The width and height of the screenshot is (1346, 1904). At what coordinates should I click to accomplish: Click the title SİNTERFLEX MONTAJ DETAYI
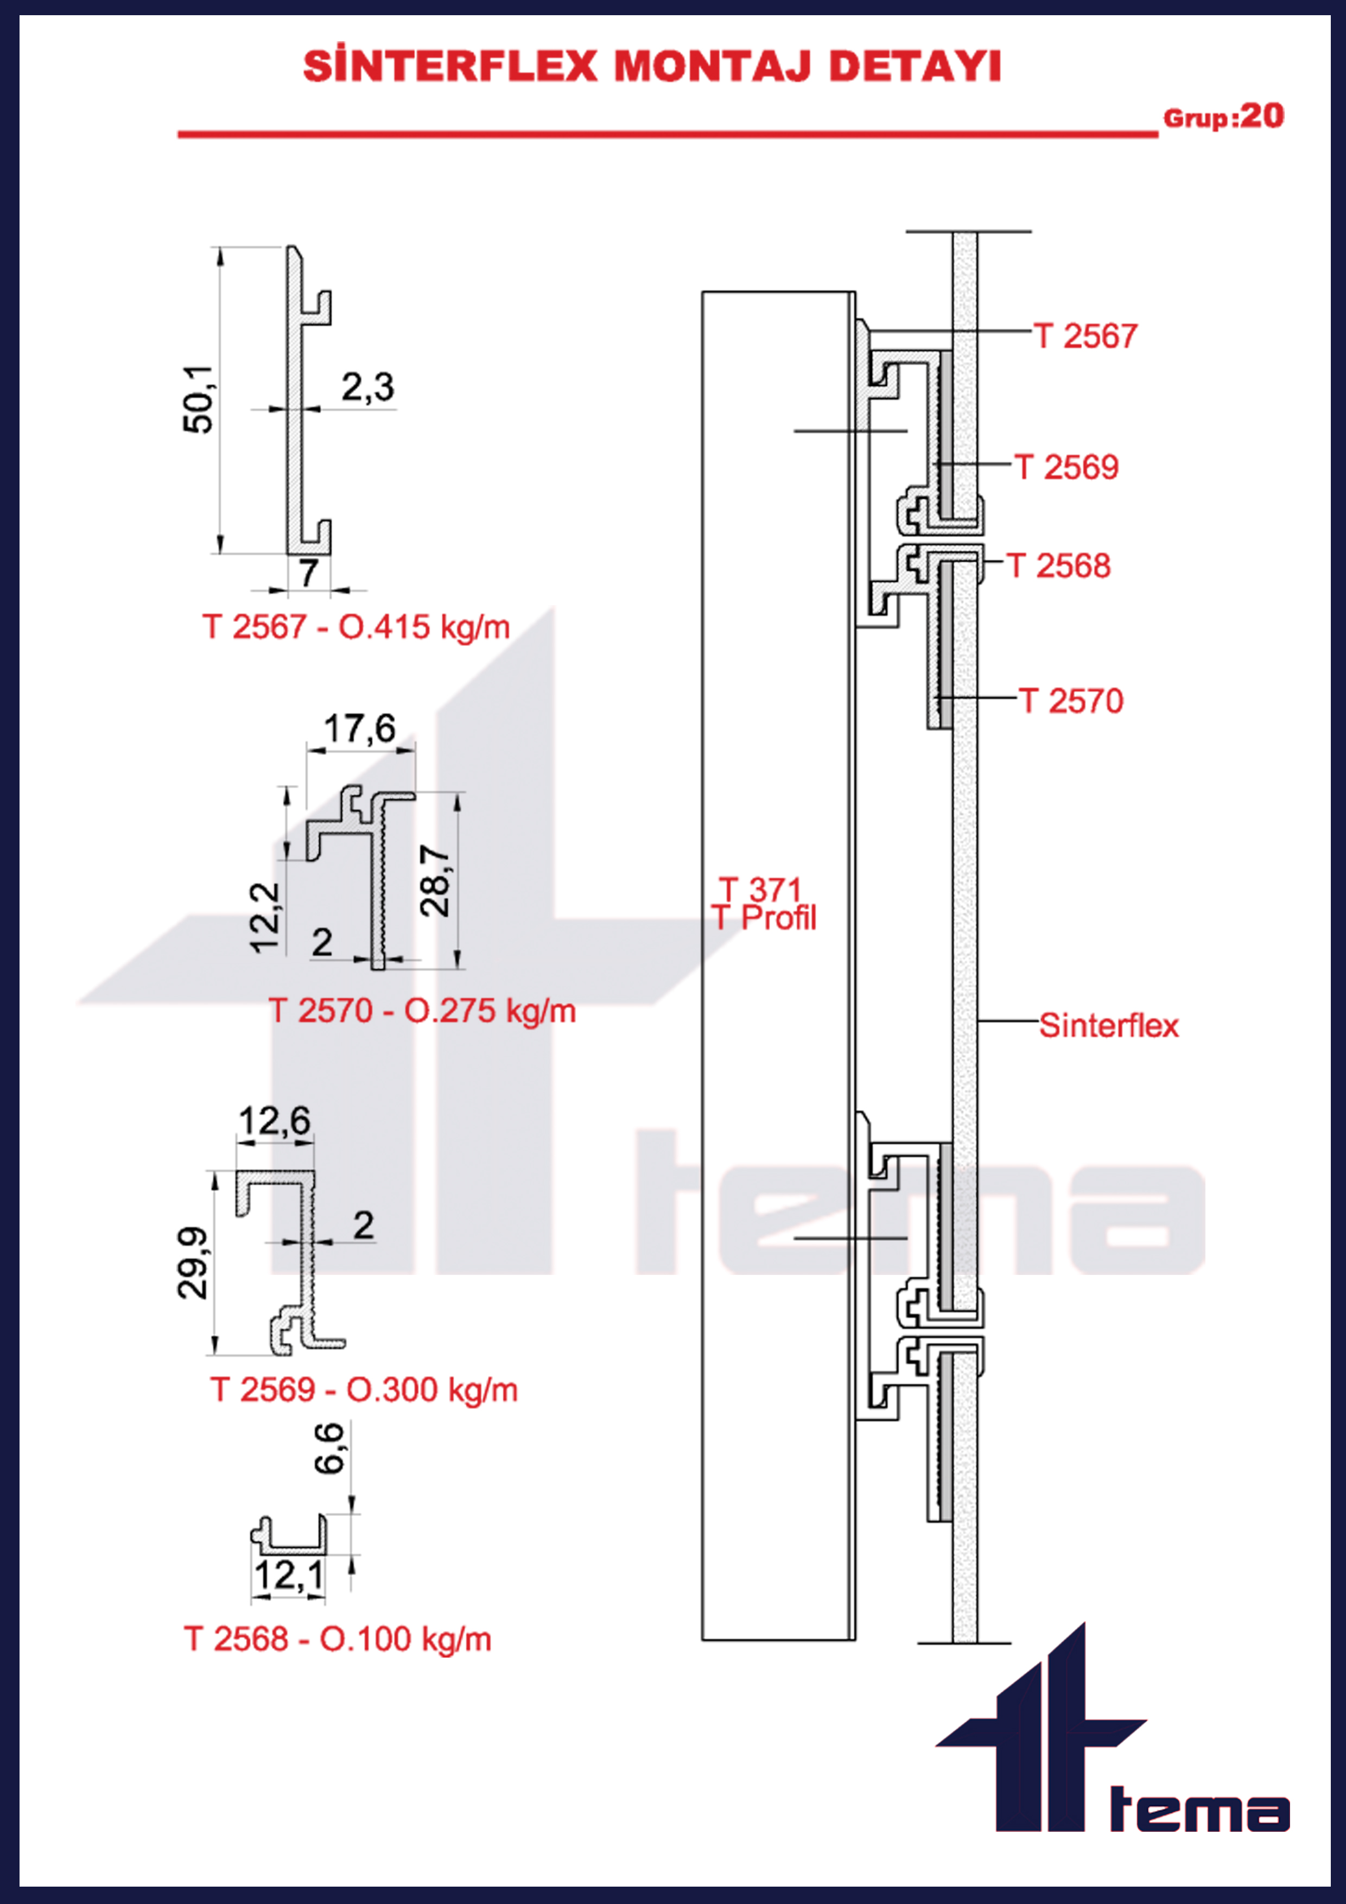click(652, 66)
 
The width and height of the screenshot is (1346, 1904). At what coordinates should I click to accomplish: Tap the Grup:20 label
click(1223, 116)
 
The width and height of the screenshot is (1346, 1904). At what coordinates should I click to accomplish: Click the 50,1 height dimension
click(198, 399)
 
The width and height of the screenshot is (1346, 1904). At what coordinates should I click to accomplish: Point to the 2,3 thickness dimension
click(367, 388)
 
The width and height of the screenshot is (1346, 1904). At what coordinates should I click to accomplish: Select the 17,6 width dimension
click(359, 729)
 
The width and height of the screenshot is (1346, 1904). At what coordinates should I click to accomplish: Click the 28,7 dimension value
click(435, 881)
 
